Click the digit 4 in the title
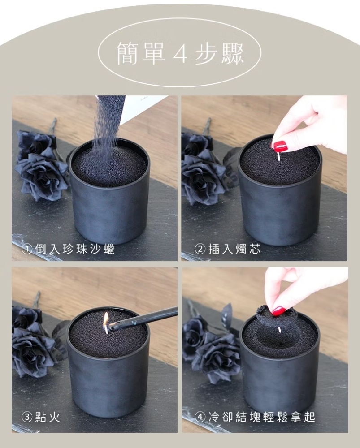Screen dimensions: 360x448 click(x=180, y=53)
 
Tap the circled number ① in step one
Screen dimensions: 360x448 click(x=27, y=249)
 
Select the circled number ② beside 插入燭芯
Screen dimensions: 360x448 click(x=200, y=249)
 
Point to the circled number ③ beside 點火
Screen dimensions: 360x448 click(x=27, y=417)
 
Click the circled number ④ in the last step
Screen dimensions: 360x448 click(x=200, y=417)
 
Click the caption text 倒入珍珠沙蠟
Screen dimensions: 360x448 click(x=75, y=249)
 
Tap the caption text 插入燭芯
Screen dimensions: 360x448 click(x=234, y=249)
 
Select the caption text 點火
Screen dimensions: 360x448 click(x=48, y=417)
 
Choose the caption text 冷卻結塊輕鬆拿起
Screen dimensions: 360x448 click(x=262, y=417)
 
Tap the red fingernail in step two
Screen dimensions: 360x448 click(x=281, y=146)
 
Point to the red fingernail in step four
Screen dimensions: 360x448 click(x=279, y=311)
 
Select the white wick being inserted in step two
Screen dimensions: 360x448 click(x=278, y=156)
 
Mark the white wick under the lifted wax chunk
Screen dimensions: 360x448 click(x=279, y=330)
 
